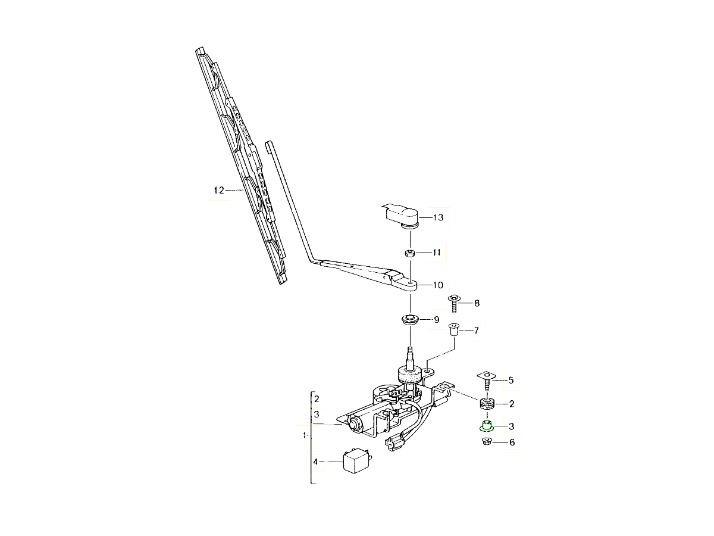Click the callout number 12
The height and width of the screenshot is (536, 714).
tap(218, 191)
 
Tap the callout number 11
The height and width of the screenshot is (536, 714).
tap(436, 253)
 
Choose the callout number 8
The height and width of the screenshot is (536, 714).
tap(476, 303)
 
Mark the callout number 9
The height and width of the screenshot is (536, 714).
tap(436, 320)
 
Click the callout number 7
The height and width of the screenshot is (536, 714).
tap(476, 330)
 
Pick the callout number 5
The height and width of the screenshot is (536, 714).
tap(511, 379)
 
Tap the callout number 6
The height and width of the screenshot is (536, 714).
tap(512, 442)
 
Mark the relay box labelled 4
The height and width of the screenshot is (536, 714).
tap(355, 462)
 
